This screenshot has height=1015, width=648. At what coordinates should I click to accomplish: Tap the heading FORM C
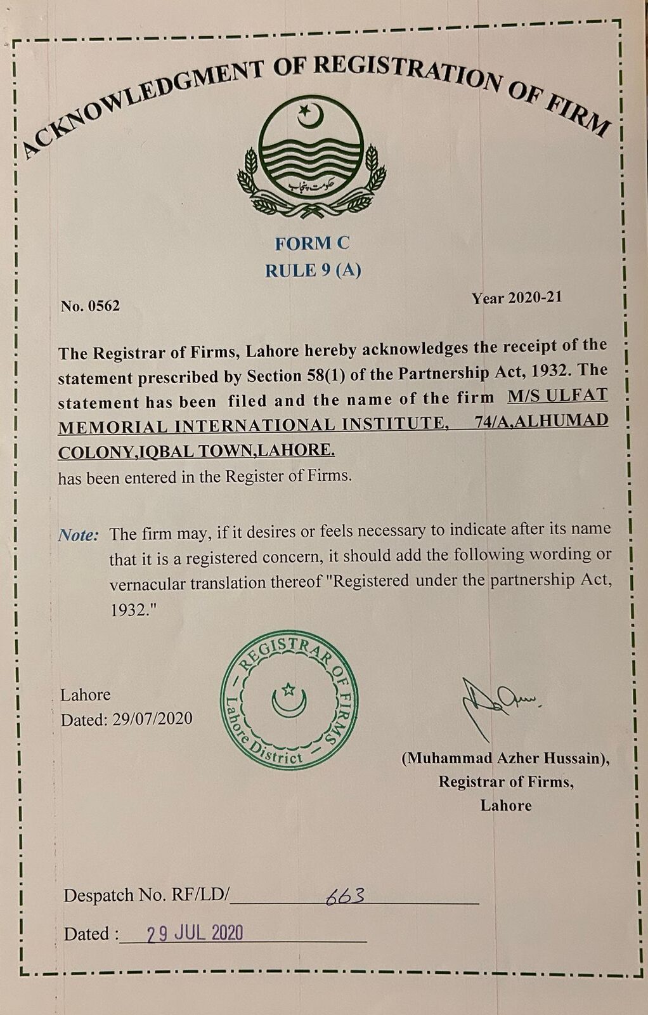point(312,243)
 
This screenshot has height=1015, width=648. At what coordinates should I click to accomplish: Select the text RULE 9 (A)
point(313,271)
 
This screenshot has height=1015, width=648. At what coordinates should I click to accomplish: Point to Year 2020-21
point(516,298)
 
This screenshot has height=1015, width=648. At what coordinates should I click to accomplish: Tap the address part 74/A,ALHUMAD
point(541,421)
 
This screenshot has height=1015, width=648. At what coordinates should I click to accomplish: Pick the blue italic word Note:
point(79,535)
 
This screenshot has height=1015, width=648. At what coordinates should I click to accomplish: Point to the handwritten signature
point(495,704)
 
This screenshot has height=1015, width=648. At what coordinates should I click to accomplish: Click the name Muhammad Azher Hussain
point(505,758)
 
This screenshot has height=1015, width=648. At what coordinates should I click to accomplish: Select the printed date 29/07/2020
point(152,719)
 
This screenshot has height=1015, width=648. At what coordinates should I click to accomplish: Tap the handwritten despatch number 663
point(345,896)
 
